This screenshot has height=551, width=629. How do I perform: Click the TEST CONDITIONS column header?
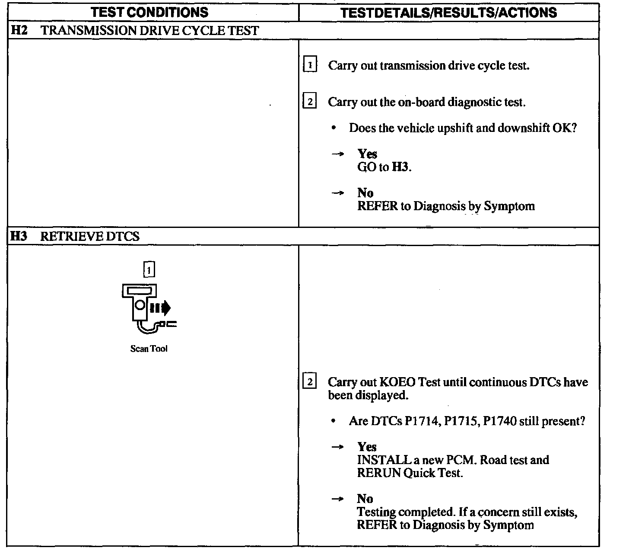tap(150, 12)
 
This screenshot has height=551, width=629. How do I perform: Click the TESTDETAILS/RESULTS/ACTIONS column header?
tap(448, 12)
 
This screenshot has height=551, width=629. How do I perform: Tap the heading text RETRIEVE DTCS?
tap(90, 237)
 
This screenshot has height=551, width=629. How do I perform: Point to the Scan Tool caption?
tap(149, 349)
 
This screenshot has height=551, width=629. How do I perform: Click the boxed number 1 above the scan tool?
tap(149, 269)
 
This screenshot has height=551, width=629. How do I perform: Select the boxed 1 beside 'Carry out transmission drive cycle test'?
tap(310, 66)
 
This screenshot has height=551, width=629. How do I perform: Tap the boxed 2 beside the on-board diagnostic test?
tap(310, 103)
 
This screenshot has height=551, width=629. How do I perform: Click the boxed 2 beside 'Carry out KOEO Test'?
tap(310, 382)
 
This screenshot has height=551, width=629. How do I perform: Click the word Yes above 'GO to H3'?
tap(367, 154)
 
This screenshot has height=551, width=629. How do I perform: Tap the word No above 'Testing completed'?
tap(365, 499)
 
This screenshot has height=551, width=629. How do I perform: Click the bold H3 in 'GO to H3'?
tap(400, 167)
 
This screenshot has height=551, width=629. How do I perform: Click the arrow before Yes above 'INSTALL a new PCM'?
tap(337, 447)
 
